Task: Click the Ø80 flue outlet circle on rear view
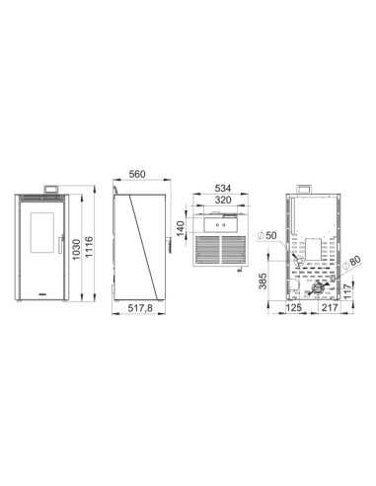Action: click(321, 283)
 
